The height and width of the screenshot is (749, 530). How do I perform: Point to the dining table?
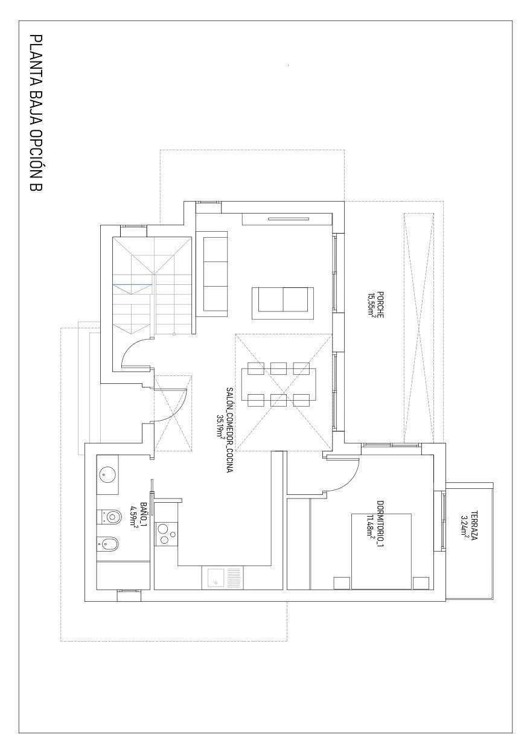[279, 383]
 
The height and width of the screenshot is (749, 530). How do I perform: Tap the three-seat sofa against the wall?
[214, 275]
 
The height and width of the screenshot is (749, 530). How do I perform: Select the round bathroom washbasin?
[108, 475]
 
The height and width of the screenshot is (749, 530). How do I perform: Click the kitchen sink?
[216, 578]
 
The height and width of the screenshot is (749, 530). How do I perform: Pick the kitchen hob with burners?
[167, 533]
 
